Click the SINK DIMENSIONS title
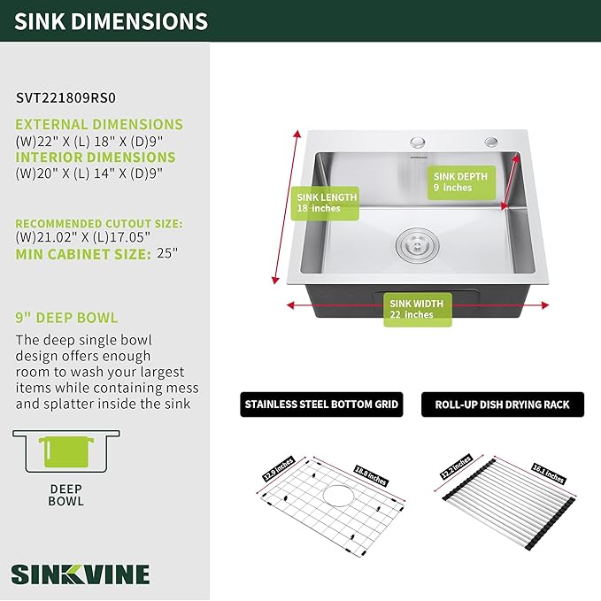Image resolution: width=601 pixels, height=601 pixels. click(112, 21)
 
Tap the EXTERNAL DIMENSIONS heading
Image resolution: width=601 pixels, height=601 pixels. click(99, 125)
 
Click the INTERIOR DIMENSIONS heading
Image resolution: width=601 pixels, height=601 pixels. click(96, 158)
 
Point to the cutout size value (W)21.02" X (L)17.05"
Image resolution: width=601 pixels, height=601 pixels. click(83, 238)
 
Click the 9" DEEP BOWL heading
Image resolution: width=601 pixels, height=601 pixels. click(66, 318)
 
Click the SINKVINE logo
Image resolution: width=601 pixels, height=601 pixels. click(81, 573)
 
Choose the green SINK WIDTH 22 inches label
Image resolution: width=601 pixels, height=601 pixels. click(417, 309)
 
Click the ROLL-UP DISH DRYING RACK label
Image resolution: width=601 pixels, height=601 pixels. click(502, 405)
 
